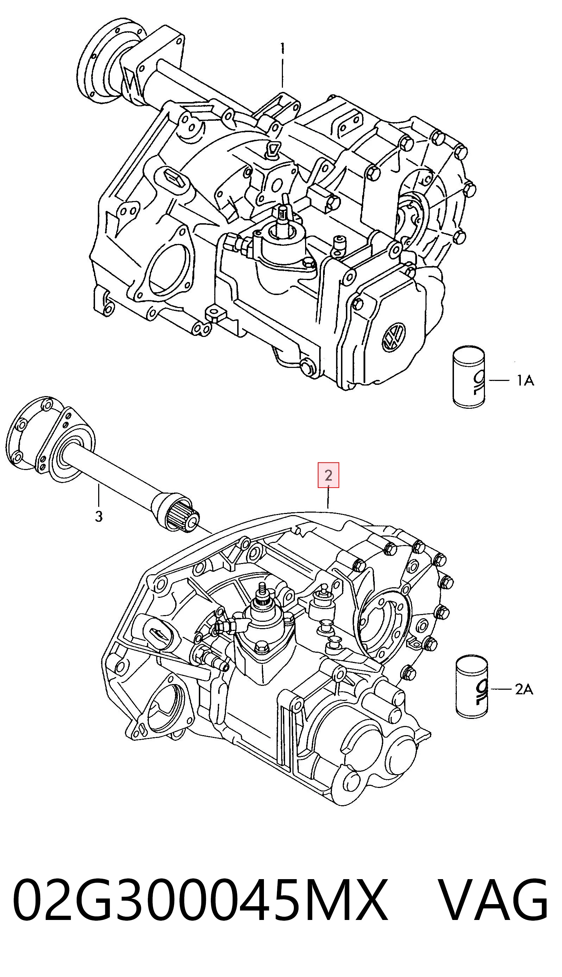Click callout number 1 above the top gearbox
tap(283, 48)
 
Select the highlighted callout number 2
tap(328, 475)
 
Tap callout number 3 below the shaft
tap(99, 516)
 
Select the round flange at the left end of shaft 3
tap(29, 433)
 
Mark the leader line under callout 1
tap(283, 73)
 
